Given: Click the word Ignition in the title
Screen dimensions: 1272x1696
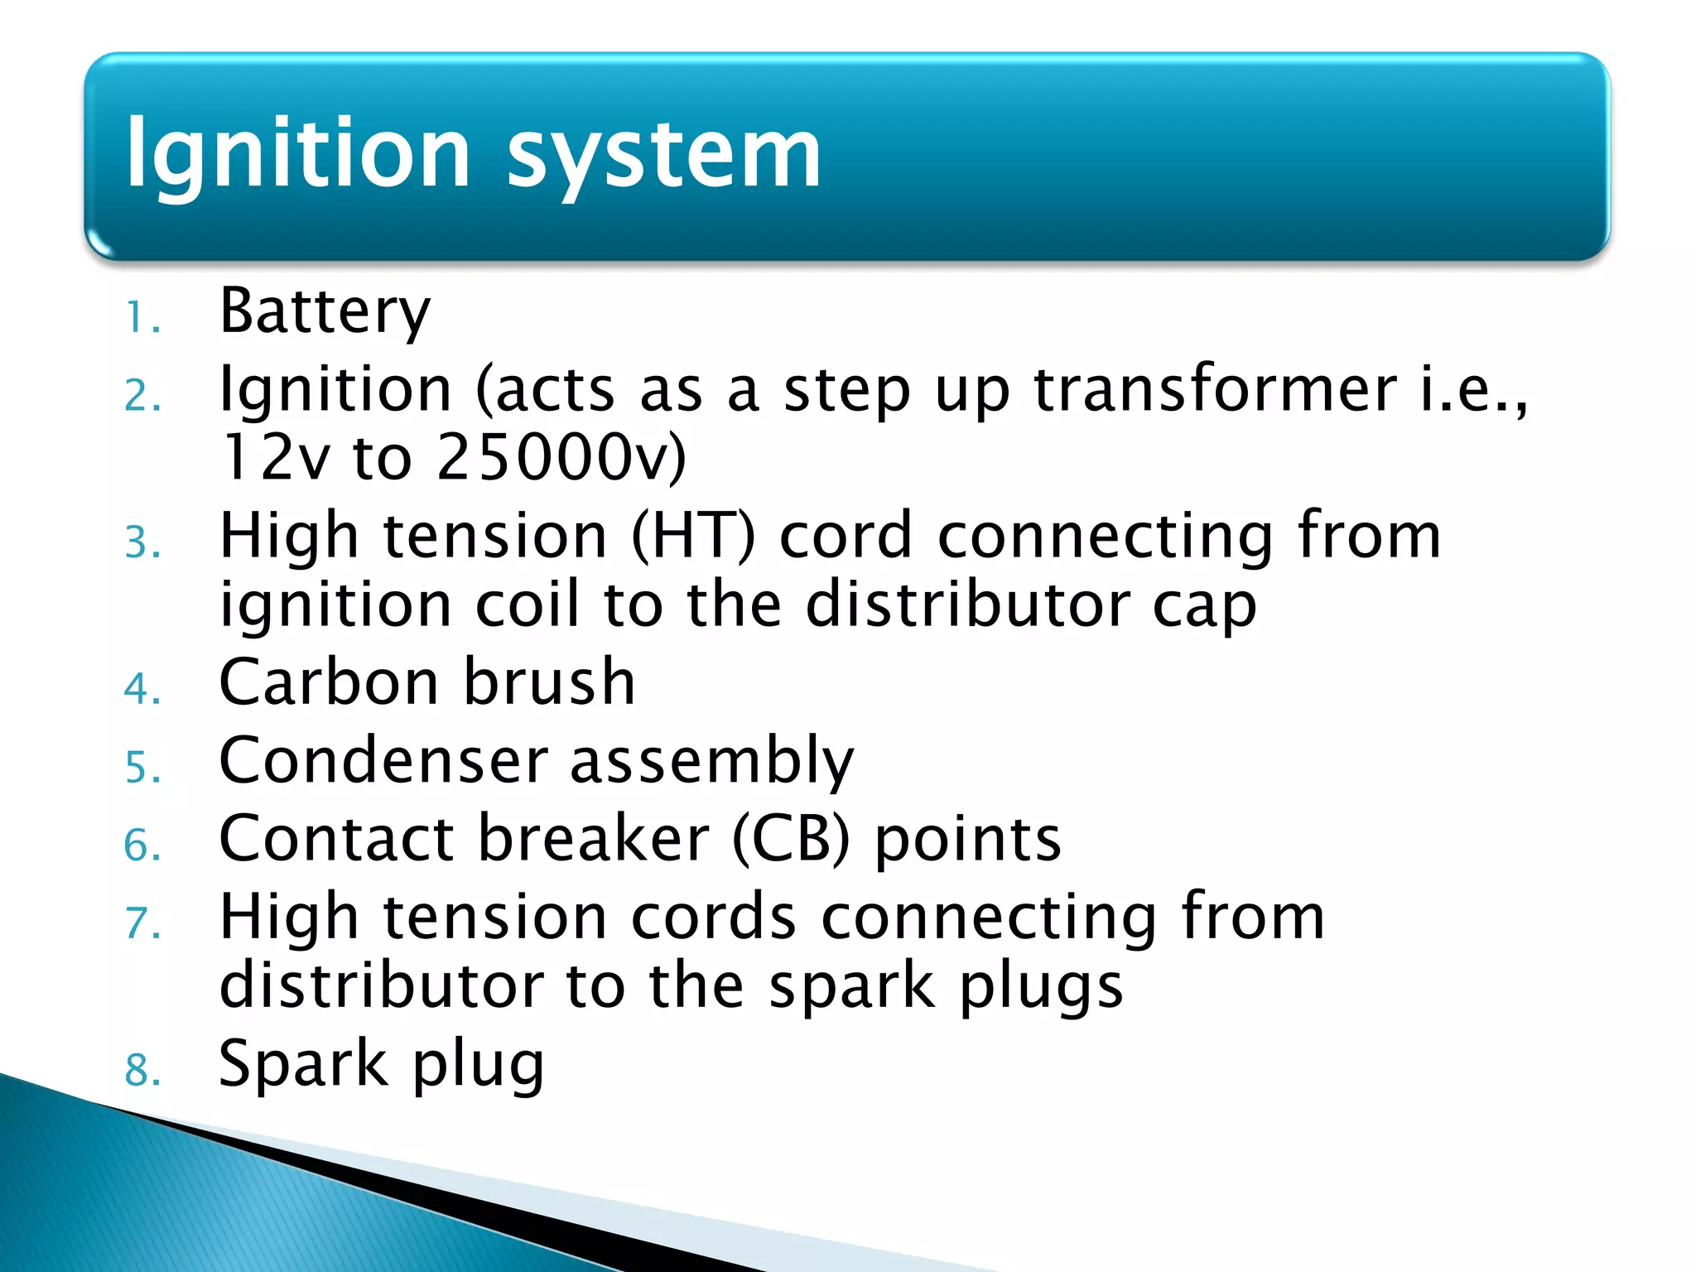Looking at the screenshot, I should (x=298, y=154).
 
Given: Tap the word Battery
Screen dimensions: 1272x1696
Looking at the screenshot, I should (x=325, y=311).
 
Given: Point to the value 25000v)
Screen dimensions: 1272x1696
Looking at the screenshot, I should (x=561, y=457).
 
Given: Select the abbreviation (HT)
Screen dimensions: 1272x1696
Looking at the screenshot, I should (x=694, y=537).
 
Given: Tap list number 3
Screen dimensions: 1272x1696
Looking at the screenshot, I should (x=142, y=544).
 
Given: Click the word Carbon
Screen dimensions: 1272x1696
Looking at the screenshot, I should (x=328, y=682).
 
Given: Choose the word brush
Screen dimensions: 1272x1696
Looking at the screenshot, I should (x=549, y=682).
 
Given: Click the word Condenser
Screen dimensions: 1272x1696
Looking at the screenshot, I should (x=383, y=760).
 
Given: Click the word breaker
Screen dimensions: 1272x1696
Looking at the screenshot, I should (x=594, y=838).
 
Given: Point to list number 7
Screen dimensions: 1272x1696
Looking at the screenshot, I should (x=142, y=924).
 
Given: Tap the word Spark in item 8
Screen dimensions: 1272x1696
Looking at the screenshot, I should (x=302, y=1063).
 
